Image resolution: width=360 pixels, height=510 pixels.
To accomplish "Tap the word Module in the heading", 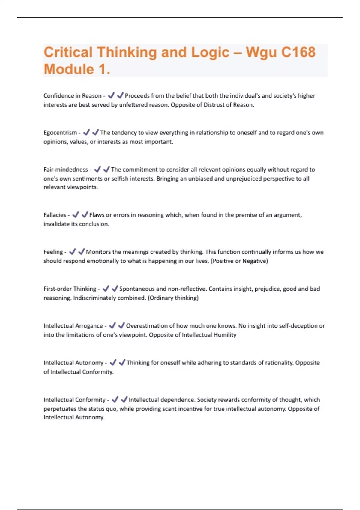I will (x=69, y=69).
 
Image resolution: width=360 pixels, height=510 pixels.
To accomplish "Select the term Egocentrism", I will (x=60, y=133).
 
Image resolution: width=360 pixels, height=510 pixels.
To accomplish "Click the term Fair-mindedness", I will (x=66, y=169).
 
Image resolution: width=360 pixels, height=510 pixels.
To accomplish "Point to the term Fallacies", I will (x=55, y=215).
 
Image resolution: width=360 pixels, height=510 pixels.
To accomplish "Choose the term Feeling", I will (x=53, y=252).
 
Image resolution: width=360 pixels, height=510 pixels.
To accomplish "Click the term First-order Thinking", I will (x=70, y=289).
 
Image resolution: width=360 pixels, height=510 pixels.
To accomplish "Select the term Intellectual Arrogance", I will (x=73, y=326).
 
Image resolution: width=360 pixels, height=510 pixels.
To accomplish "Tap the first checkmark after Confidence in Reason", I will (x=111, y=95).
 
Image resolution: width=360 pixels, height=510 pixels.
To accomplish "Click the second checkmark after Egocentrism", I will (x=95, y=132).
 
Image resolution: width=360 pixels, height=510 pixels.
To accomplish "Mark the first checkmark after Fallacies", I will (x=76, y=215).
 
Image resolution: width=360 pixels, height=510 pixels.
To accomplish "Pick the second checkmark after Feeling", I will (x=81, y=252).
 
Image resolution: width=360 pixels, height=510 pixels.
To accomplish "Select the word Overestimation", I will (x=146, y=326).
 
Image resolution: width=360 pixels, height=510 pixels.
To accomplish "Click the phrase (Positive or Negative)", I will (x=239, y=261).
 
